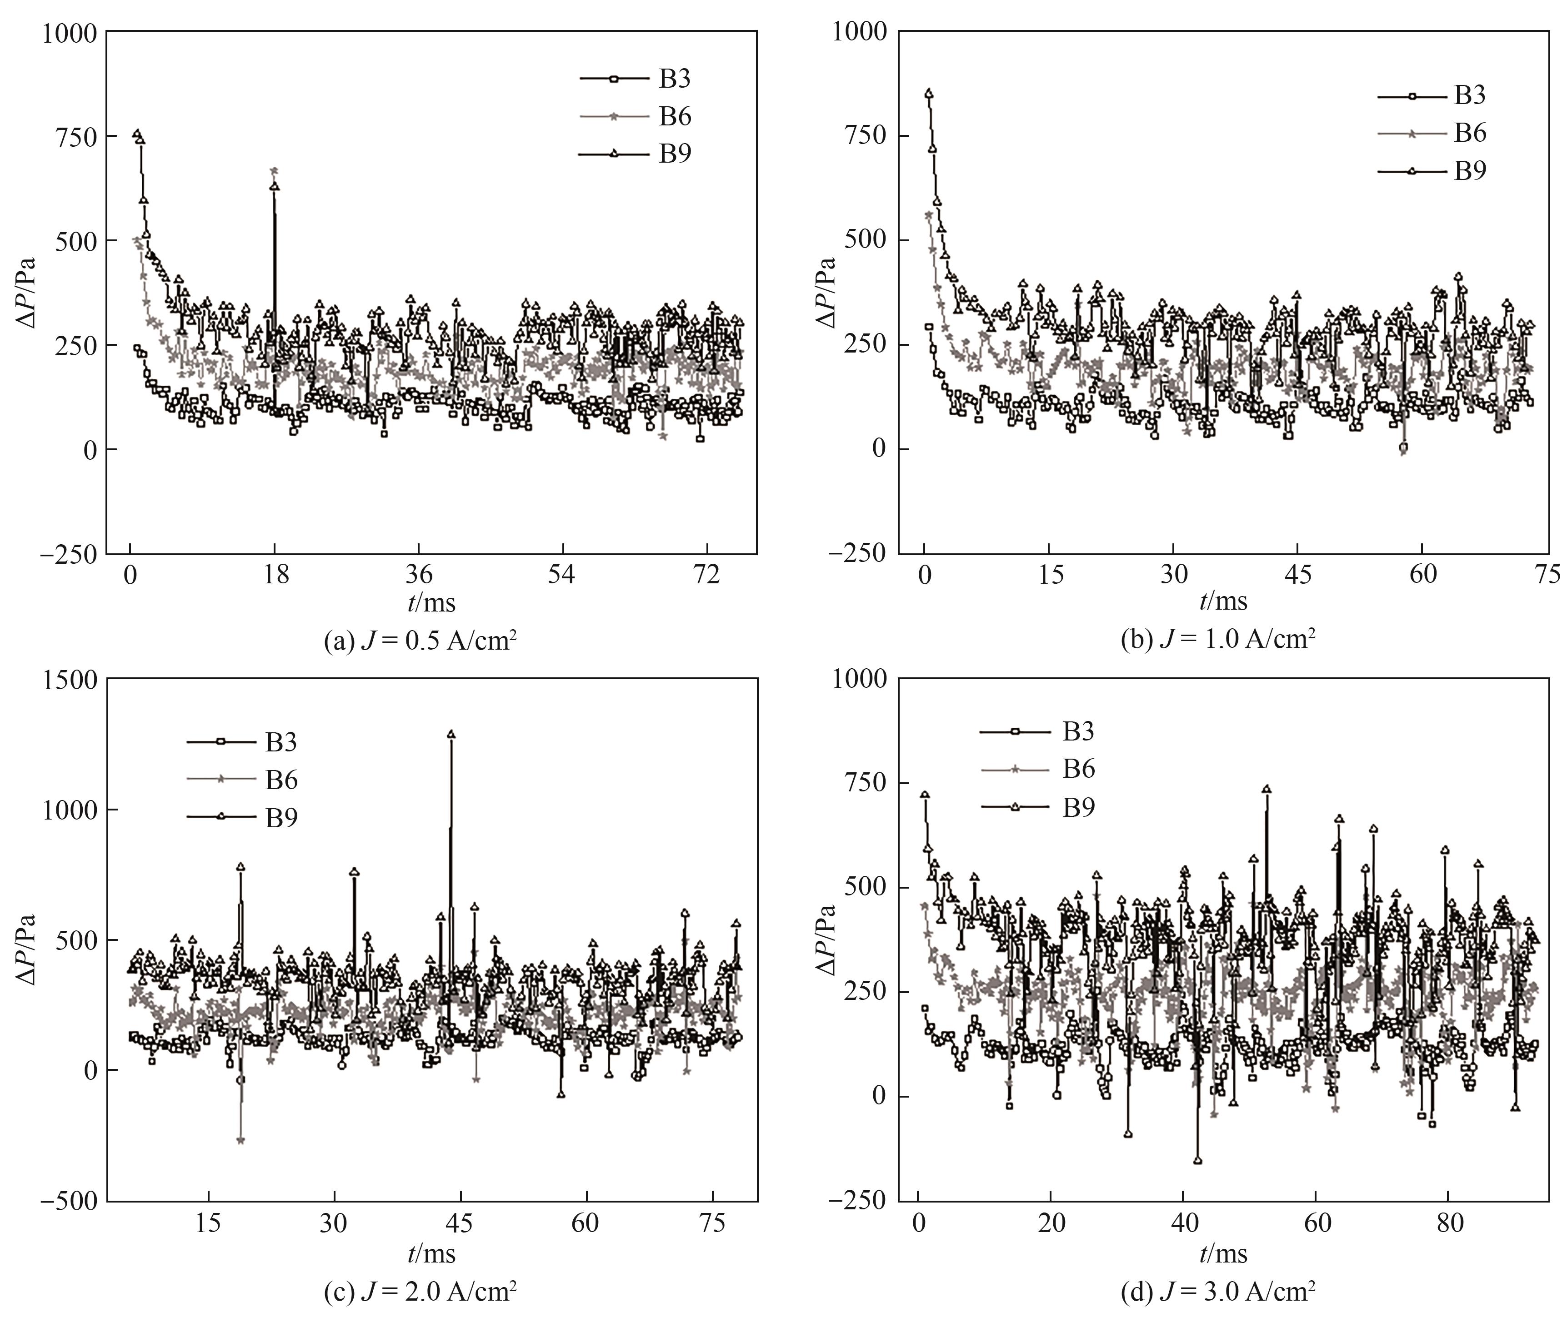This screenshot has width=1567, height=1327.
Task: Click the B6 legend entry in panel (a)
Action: click(x=674, y=117)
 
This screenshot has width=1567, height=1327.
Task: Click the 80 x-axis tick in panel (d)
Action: click(x=1450, y=1223)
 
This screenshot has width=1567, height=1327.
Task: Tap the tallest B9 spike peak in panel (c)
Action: click(x=451, y=734)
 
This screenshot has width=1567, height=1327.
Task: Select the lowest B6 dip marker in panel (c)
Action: click(x=240, y=1140)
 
